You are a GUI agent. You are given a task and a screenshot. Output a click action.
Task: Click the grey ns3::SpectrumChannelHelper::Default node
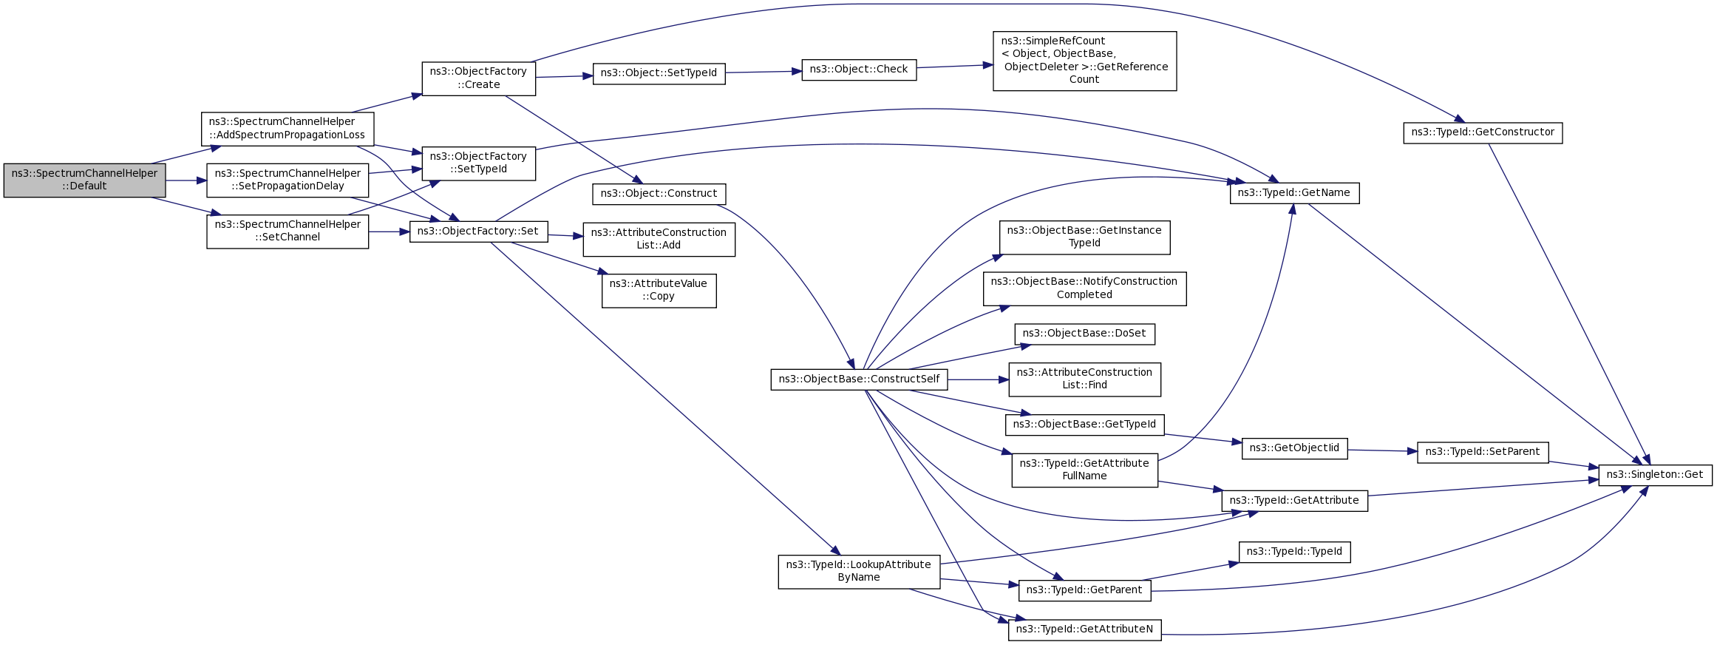pyautogui.click(x=84, y=180)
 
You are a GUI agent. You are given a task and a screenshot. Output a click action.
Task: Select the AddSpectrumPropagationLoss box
pyautogui.click(x=288, y=129)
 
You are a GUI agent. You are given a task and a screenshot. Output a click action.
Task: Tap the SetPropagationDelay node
pyautogui.click(x=288, y=180)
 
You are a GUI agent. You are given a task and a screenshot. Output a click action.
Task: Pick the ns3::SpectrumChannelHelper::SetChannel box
pyautogui.click(x=288, y=231)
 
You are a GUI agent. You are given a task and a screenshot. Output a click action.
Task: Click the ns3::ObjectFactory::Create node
pyautogui.click(x=478, y=78)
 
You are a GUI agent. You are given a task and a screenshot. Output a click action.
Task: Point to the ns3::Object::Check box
pyautogui.click(x=859, y=70)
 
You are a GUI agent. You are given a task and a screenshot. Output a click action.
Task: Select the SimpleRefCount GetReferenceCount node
pyautogui.click(x=1084, y=61)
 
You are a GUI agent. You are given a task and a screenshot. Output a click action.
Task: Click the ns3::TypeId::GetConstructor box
pyautogui.click(x=1483, y=132)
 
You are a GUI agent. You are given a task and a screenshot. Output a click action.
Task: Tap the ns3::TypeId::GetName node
pyautogui.click(x=1294, y=193)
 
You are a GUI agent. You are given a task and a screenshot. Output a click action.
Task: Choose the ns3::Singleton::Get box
pyautogui.click(x=1655, y=475)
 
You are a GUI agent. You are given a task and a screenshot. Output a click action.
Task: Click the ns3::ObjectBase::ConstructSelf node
pyautogui.click(x=859, y=379)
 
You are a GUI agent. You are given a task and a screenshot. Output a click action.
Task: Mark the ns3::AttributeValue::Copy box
pyautogui.click(x=659, y=291)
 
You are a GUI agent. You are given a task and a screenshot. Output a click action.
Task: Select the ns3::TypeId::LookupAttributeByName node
pyautogui.click(x=859, y=572)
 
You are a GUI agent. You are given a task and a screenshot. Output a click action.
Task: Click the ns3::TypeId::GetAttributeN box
pyautogui.click(x=1084, y=629)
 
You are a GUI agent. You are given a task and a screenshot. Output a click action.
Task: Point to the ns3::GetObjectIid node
pyautogui.click(x=1294, y=448)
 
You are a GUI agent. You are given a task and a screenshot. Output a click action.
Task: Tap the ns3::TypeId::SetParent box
pyautogui.click(x=1483, y=452)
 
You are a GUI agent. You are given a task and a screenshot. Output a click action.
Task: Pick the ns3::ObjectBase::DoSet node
pyautogui.click(x=1084, y=334)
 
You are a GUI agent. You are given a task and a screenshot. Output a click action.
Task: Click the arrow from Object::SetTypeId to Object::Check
pyautogui.click(x=764, y=72)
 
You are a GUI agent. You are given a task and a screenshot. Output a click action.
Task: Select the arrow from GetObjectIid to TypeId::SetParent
pyautogui.click(x=1382, y=450)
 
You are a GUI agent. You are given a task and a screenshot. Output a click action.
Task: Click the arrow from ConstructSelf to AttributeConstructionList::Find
pyautogui.click(x=978, y=379)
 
